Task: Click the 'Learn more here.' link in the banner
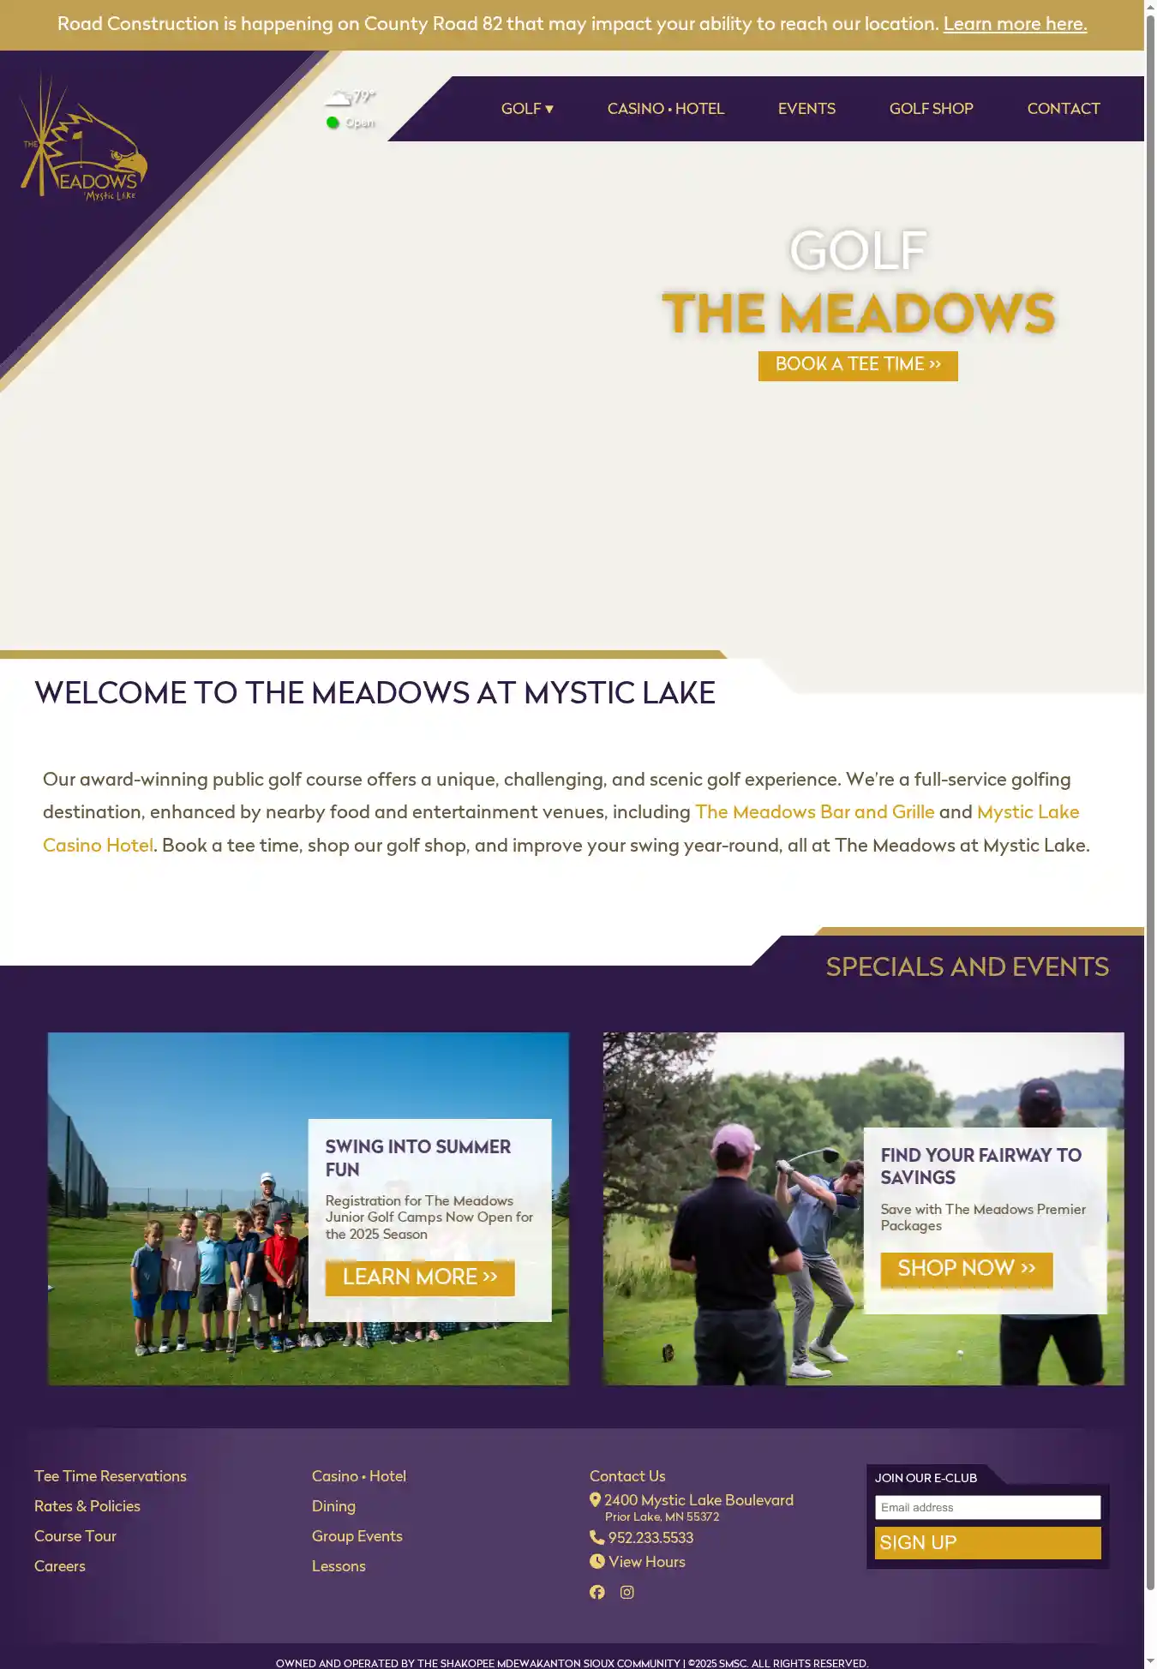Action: (x=1015, y=24)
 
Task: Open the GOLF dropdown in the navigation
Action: (x=527, y=109)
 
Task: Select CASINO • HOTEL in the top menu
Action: (x=665, y=109)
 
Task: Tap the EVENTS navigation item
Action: (x=806, y=109)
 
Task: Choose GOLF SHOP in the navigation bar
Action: (x=931, y=109)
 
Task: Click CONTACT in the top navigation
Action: (x=1063, y=109)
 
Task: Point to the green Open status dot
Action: (x=333, y=123)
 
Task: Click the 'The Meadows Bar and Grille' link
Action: (x=814, y=812)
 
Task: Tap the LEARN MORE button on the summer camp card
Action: (x=420, y=1277)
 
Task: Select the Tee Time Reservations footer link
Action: (x=111, y=1476)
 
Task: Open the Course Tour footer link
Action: (x=75, y=1536)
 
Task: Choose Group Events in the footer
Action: (x=357, y=1536)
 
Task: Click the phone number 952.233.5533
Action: (x=650, y=1538)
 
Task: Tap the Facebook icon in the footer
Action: (x=597, y=1592)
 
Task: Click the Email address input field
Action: (x=987, y=1507)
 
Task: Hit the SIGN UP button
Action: (x=987, y=1543)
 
